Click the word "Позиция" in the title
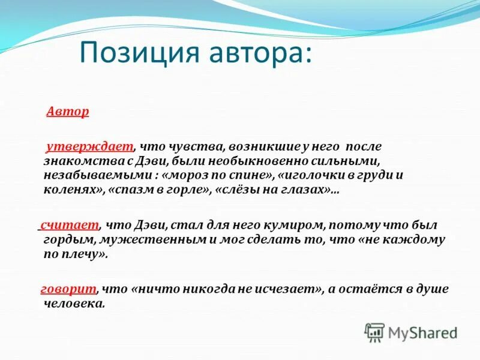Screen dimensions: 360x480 [x=137, y=53]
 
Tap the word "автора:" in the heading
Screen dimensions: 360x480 [x=259, y=53]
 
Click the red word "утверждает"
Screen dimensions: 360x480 [x=89, y=146]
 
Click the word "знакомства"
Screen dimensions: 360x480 [x=77, y=161]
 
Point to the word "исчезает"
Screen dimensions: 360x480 [x=287, y=289]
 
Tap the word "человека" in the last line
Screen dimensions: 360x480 [x=74, y=304]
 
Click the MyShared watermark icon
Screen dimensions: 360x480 [x=374, y=332]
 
